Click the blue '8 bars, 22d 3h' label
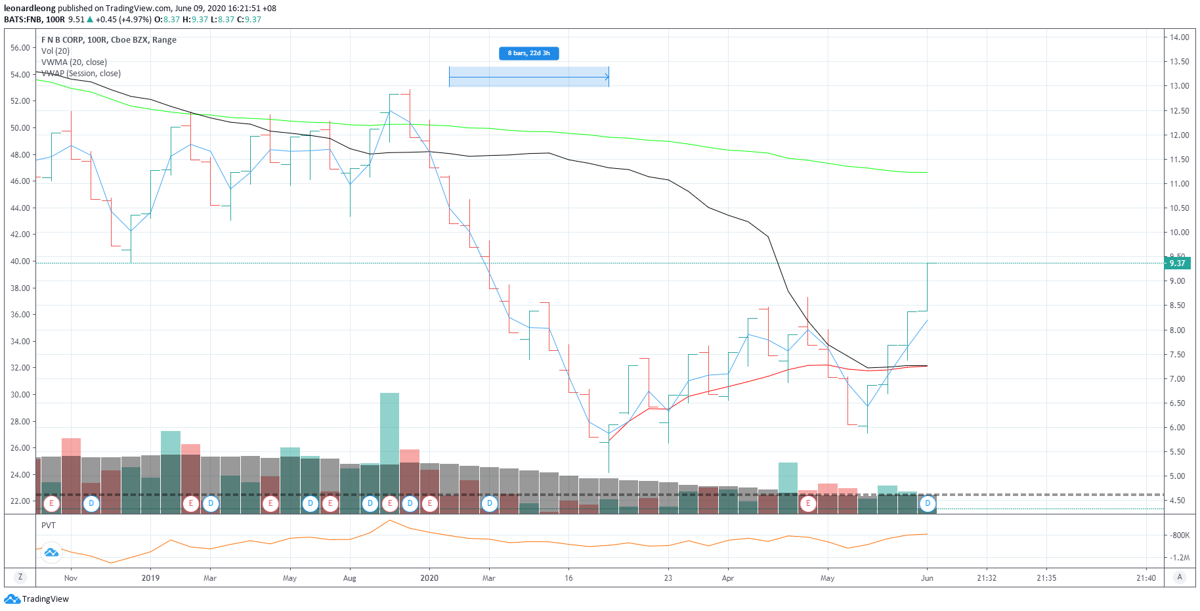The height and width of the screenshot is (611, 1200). click(x=528, y=53)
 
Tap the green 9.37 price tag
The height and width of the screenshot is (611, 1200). click(x=1177, y=263)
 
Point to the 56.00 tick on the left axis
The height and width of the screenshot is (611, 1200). click(x=20, y=48)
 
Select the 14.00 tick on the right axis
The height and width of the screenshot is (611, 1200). click(x=1180, y=37)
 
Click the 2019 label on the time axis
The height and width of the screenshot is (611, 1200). click(x=150, y=578)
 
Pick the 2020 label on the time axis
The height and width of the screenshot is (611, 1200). click(x=429, y=578)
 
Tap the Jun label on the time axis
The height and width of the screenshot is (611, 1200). click(x=927, y=578)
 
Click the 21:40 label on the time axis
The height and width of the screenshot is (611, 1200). click(x=1146, y=578)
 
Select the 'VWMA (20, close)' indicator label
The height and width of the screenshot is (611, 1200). click(x=74, y=62)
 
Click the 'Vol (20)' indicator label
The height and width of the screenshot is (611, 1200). click(x=55, y=51)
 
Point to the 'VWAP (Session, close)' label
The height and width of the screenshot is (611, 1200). click(x=81, y=74)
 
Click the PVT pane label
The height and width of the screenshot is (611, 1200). click(x=49, y=526)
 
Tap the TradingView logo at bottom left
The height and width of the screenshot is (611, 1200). click(x=37, y=599)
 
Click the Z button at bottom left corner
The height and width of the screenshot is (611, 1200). click(x=20, y=577)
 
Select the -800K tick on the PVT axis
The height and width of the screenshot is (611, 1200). click(x=1180, y=535)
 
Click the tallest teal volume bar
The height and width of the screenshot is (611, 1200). click(x=389, y=427)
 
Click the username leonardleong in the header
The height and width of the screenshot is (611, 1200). click(x=30, y=9)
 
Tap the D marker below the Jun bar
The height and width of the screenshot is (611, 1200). click(x=927, y=504)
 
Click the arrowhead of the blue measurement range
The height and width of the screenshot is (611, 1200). click(x=607, y=78)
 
